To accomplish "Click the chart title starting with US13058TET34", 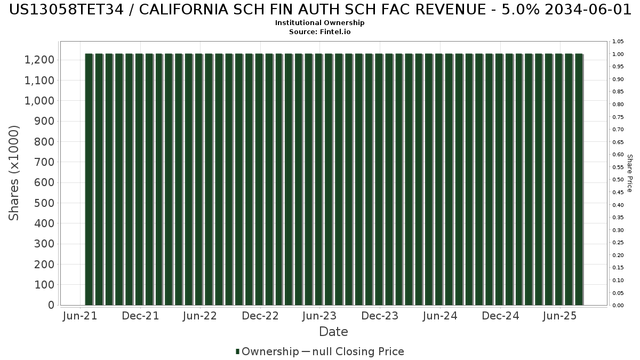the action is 320,10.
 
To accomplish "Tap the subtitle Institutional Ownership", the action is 319,23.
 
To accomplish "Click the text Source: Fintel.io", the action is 319,31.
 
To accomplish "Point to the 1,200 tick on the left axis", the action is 39,60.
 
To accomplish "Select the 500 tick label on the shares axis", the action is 44,203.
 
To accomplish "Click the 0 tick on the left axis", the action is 51,305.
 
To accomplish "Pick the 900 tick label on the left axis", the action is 44,122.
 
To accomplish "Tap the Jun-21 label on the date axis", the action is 80,316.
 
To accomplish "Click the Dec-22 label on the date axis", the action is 260,316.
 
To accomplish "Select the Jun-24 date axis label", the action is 440,316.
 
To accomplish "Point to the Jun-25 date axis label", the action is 560,316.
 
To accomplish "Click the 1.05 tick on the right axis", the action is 618,42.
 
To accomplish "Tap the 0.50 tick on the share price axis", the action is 618,180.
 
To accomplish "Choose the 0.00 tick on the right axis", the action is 618,306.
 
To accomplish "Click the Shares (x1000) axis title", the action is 14,173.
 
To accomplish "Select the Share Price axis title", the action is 629,173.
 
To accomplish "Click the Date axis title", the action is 333,332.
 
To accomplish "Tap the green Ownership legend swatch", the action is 237,351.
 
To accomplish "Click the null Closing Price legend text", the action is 358,351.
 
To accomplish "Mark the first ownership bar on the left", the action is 89,179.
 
